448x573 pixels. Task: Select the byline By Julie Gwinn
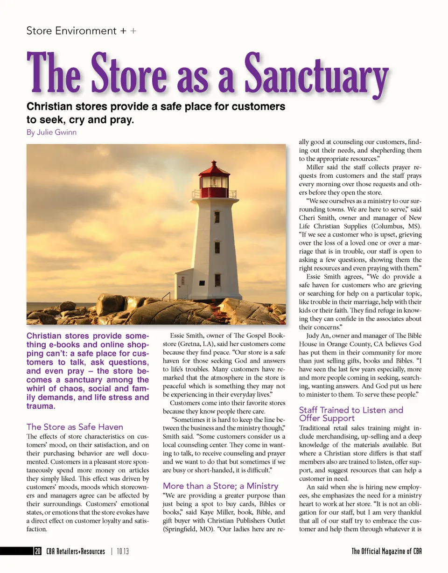(x=51, y=133)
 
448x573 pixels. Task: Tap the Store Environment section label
(x=71, y=31)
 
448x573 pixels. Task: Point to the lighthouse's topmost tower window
(x=217, y=217)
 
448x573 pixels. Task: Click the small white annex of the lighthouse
(x=184, y=283)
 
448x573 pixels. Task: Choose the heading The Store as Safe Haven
(x=75, y=426)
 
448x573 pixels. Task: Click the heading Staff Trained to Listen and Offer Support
(x=350, y=414)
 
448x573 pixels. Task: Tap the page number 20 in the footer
(x=37, y=552)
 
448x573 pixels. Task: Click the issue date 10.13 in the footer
(x=123, y=552)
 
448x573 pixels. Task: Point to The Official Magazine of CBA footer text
(x=386, y=552)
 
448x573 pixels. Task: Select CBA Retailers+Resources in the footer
(x=76, y=552)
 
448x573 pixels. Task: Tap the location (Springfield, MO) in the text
(x=185, y=530)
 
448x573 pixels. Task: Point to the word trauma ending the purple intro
(x=40, y=406)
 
